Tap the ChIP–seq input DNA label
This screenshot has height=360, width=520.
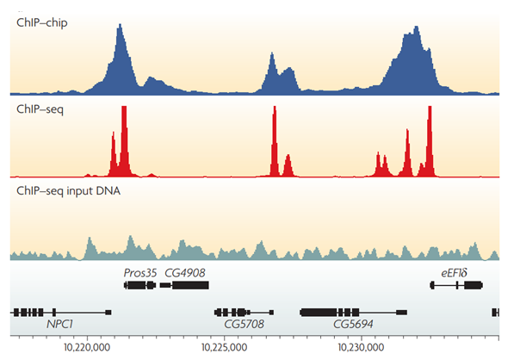point(68,191)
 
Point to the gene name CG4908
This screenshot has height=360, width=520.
point(185,272)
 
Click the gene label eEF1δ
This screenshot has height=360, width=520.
point(453,272)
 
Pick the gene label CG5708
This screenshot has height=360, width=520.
point(244,326)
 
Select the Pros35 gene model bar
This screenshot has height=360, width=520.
point(138,285)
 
